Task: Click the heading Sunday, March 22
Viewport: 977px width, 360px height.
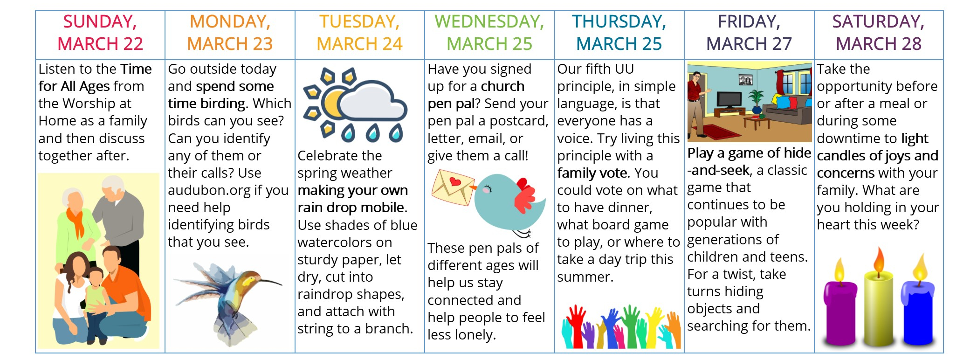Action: pos(100,33)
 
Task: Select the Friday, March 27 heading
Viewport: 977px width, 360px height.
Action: pos(749,33)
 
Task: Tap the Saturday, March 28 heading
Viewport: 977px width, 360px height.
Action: pos(879,33)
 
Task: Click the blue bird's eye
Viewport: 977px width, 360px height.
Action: pos(487,189)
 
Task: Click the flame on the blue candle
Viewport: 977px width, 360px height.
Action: pos(920,268)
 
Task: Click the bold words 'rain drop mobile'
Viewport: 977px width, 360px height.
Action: pos(352,208)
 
